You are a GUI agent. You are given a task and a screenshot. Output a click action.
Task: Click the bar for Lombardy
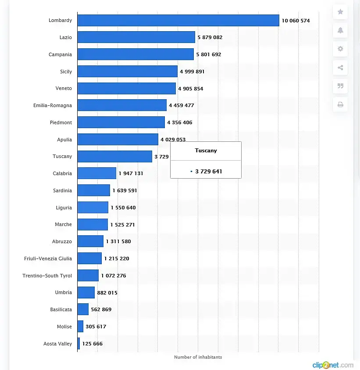click(178, 21)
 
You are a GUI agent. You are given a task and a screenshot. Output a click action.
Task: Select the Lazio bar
click(136, 37)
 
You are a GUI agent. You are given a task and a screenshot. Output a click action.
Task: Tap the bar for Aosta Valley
click(78, 344)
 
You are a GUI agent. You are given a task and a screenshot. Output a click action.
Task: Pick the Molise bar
click(80, 327)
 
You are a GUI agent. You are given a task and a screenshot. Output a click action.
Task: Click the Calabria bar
click(96, 173)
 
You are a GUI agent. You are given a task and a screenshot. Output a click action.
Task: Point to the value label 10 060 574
click(296, 21)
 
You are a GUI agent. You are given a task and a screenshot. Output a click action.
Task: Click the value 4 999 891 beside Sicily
click(192, 72)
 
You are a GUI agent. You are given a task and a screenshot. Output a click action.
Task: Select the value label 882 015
click(107, 293)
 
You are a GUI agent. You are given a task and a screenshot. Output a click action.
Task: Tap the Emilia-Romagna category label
click(53, 105)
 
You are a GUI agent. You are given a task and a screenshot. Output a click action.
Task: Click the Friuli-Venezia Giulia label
click(48, 259)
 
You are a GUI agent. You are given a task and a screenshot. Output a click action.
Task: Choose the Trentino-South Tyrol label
click(47, 276)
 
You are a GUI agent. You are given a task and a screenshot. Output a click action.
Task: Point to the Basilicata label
click(61, 309)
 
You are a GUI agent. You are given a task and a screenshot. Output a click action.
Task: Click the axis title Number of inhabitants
click(198, 357)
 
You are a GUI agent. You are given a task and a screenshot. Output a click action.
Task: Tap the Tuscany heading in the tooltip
click(206, 151)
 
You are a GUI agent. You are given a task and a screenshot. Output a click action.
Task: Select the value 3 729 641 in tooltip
click(208, 171)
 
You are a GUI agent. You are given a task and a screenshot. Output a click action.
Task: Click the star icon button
click(340, 12)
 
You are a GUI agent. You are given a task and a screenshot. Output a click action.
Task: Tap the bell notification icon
click(340, 30)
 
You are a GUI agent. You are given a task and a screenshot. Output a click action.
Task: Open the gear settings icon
click(340, 49)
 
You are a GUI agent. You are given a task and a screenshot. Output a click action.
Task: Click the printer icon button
click(340, 104)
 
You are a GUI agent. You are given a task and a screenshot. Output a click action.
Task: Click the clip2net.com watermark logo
click(332, 365)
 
